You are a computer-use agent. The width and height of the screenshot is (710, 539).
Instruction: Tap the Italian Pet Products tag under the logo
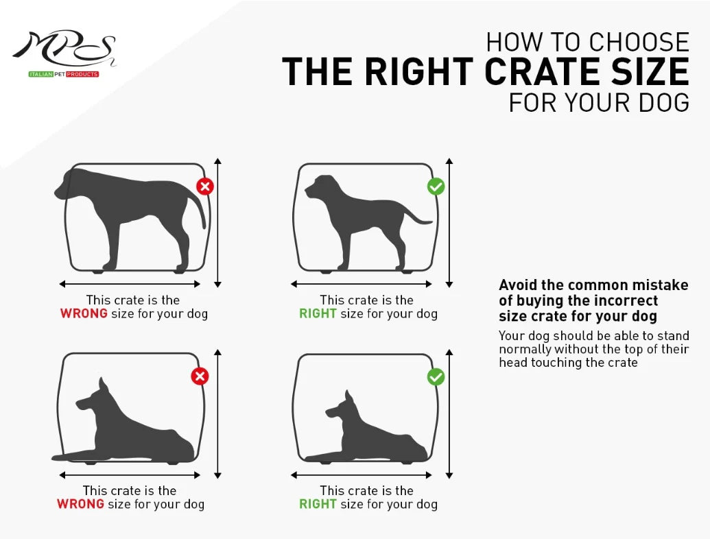click(x=63, y=74)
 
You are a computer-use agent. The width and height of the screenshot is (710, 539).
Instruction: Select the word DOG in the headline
click(x=661, y=102)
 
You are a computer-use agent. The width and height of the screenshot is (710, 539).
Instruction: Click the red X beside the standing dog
click(x=204, y=187)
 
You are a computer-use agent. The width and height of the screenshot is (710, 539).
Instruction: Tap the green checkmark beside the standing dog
click(x=436, y=187)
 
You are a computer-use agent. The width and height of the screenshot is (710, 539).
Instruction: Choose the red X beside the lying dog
click(x=200, y=376)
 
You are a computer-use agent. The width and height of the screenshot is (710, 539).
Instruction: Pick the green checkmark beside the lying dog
click(x=436, y=376)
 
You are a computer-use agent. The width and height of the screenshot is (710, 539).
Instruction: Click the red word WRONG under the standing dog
click(x=84, y=314)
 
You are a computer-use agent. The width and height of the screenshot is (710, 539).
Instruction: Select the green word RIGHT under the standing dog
click(x=318, y=314)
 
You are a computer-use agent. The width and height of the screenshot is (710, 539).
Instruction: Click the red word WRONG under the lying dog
click(x=80, y=504)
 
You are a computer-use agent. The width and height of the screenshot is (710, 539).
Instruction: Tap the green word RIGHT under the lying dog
click(x=318, y=504)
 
